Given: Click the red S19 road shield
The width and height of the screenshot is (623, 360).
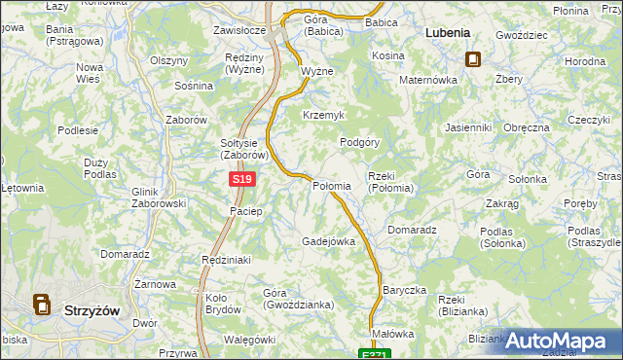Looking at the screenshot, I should (243, 180).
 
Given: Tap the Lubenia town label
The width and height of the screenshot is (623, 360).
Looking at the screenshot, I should (449, 32).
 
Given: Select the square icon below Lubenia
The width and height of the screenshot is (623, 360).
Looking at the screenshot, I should (472, 58).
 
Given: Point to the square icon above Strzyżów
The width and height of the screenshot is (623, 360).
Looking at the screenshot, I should (43, 306).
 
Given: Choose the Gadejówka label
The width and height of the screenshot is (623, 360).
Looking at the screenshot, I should (328, 241).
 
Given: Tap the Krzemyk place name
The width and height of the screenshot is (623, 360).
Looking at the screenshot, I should (323, 115).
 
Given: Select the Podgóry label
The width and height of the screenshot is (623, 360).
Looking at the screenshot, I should (358, 141).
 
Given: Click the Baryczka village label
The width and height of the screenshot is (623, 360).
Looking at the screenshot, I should (405, 290).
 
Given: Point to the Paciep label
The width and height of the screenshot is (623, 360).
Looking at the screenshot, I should (245, 211).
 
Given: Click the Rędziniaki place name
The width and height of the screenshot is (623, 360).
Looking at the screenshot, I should (227, 260).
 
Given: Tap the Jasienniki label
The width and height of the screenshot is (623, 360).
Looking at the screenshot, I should (468, 127).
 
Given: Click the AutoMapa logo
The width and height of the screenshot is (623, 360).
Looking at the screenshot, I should (563, 341).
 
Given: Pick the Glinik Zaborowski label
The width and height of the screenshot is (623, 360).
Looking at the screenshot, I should (158, 198).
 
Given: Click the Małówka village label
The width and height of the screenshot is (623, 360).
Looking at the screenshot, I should (393, 334).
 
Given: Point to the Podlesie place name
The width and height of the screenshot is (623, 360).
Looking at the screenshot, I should (78, 129).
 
